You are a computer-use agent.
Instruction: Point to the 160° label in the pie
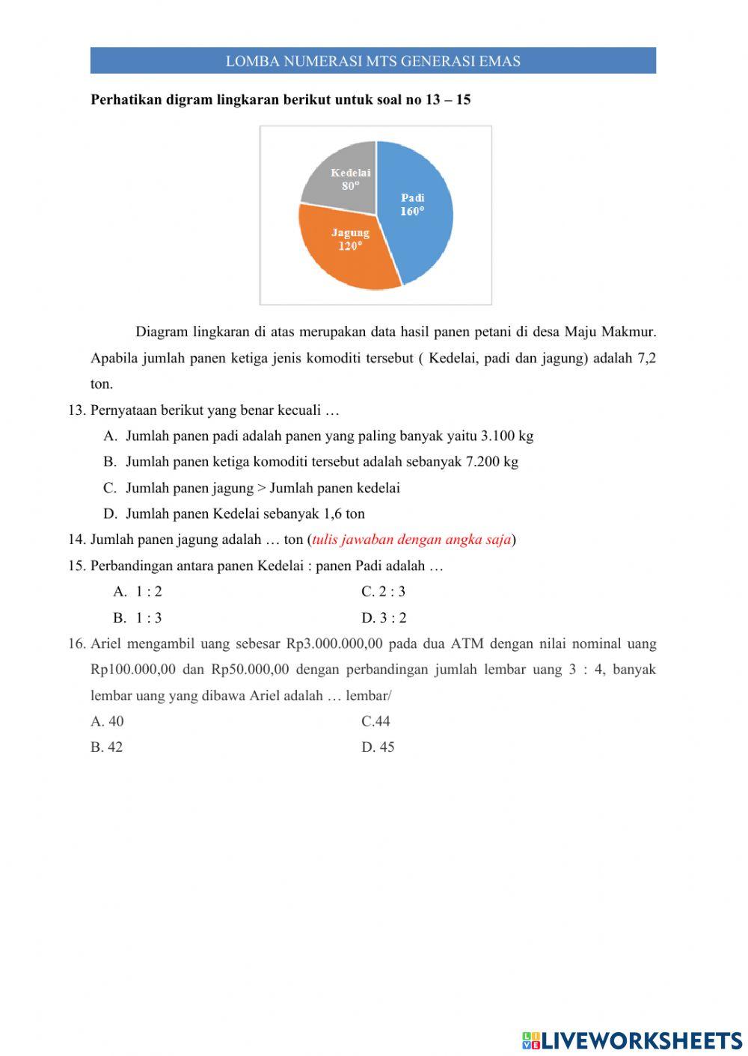pyautogui.click(x=412, y=211)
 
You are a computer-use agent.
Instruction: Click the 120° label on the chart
pyautogui.click(x=349, y=246)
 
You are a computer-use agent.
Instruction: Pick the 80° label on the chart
pyautogui.click(x=351, y=186)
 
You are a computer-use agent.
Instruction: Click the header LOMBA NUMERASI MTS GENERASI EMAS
pyautogui.click(x=373, y=61)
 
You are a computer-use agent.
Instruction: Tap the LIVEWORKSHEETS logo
pyautogui.click(x=632, y=1040)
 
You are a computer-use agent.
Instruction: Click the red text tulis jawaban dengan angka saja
pyautogui.click(x=411, y=540)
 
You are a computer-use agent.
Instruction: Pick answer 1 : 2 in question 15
pyautogui.click(x=149, y=592)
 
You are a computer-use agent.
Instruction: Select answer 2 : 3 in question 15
pyautogui.click(x=392, y=592)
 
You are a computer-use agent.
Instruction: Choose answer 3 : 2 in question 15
pyautogui.click(x=393, y=618)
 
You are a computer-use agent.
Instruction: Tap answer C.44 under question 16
pyautogui.click(x=376, y=721)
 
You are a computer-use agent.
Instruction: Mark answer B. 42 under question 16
pyautogui.click(x=107, y=747)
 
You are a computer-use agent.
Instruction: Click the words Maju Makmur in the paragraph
pyautogui.click(x=610, y=332)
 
